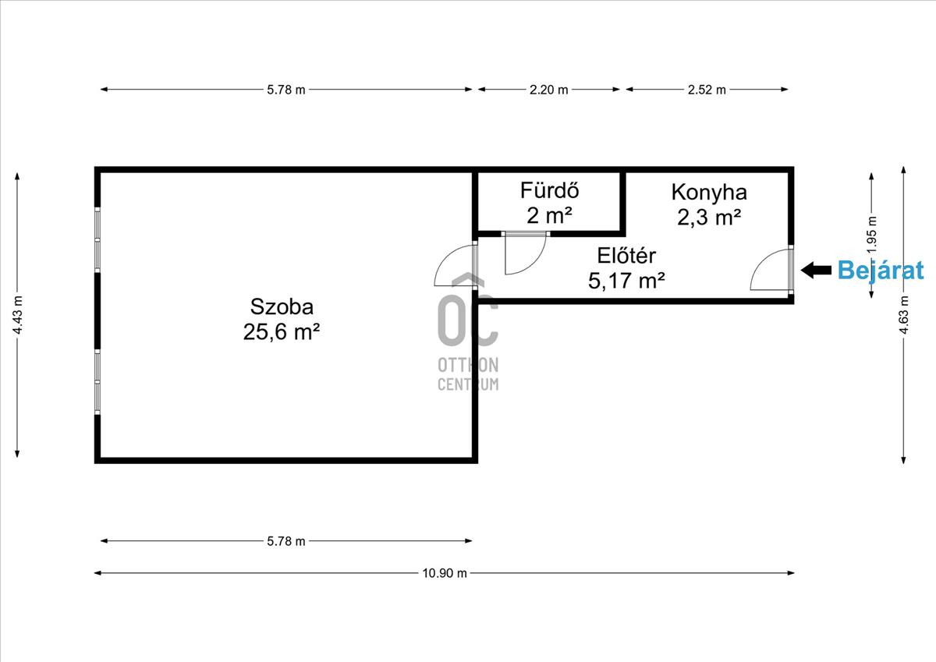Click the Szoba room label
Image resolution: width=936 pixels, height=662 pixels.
click(282, 307)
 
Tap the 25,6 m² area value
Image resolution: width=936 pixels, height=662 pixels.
click(282, 332)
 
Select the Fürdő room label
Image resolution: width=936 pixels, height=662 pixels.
click(549, 190)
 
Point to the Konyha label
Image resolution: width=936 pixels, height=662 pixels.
click(709, 193)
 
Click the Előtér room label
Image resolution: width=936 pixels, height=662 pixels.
click(626, 256)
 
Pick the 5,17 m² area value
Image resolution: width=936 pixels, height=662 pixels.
click(626, 281)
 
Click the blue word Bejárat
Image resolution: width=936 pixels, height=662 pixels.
click(881, 271)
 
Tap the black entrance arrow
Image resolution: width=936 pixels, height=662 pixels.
click(816, 271)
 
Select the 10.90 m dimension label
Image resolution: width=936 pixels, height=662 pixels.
click(444, 573)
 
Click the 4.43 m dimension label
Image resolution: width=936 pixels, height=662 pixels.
click(17, 315)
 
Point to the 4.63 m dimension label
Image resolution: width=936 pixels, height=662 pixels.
click(903, 315)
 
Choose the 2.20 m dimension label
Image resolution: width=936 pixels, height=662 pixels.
click(548, 90)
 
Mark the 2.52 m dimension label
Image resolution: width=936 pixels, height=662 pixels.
click(707, 90)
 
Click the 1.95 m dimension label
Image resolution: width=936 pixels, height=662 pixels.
click(872, 235)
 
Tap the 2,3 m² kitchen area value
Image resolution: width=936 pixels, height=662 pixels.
click(709, 218)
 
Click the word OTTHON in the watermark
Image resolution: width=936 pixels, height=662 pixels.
click(468, 365)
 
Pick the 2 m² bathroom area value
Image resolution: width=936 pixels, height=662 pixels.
click(549, 216)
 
